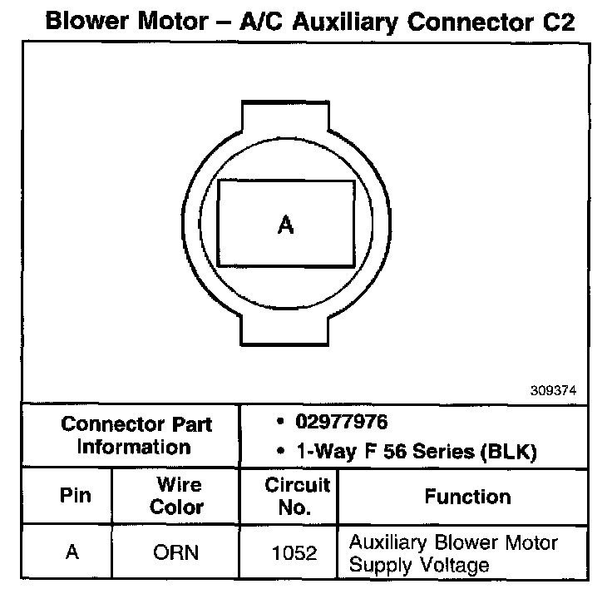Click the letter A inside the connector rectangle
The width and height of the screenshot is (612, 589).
[x=285, y=225]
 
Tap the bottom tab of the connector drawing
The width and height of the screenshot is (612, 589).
[x=285, y=333]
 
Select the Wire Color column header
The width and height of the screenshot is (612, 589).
[x=176, y=496]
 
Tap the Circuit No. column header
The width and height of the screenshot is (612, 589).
[x=297, y=496]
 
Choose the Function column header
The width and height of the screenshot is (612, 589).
[x=467, y=497]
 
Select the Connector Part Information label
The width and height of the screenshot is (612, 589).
[x=136, y=435]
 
